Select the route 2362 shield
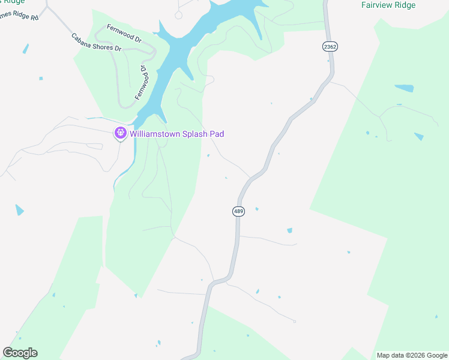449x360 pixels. (330, 46)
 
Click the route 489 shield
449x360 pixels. (238, 211)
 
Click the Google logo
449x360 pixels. (20, 353)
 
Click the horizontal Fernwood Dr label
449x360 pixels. (124, 33)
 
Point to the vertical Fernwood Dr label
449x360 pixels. (142, 82)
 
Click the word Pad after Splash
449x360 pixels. (216, 134)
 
